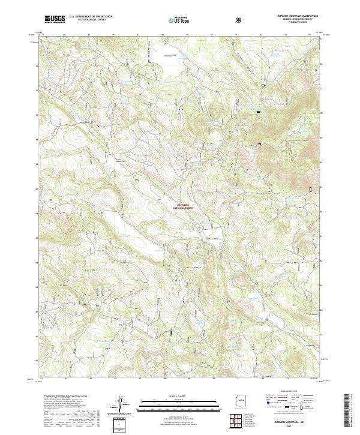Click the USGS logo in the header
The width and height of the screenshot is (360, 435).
55,20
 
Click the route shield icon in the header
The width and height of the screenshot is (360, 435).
240,20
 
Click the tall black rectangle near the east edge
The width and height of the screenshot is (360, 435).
310,190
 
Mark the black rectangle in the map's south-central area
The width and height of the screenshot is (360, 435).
170,332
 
